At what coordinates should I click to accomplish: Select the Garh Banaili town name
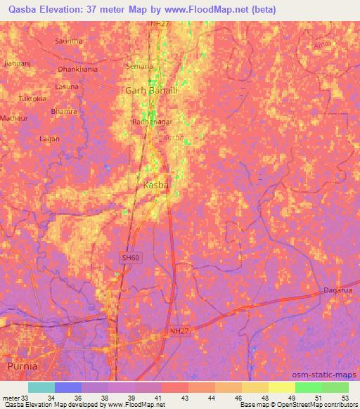[x=150, y=91]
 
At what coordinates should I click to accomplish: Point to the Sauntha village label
[x=69, y=41]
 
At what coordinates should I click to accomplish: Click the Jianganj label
[x=15, y=63]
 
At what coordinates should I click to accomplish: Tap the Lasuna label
[x=67, y=86]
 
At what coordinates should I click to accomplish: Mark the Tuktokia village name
[x=32, y=98]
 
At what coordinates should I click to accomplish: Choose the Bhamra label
[x=64, y=111]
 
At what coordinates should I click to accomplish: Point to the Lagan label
[x=49, y=138]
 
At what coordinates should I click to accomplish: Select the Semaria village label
[x=139, y=66]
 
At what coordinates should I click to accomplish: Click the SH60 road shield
[x=127, y=259]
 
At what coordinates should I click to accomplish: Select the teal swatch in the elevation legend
[x=41, y=387]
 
